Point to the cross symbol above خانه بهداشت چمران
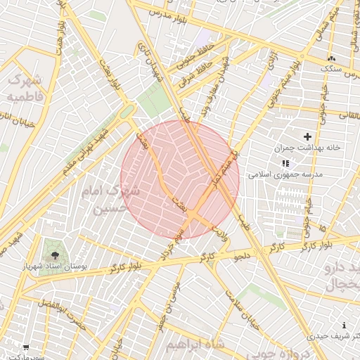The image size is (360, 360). click(x=307, y=136)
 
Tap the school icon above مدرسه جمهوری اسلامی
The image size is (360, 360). click(x=285, y=162)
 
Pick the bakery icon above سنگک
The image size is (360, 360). click(x=331, y=58)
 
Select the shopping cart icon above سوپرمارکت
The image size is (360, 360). click(x=26, y=347)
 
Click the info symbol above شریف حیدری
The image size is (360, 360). click(x=343, y=325)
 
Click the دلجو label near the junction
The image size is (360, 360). click(x=241, y=256)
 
